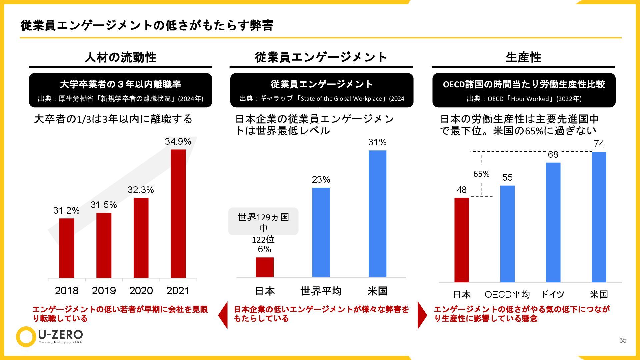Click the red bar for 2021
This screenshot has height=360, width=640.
[178, 213]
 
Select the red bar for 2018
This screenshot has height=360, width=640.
[67, 248]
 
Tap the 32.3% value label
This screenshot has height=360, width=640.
[141, 190]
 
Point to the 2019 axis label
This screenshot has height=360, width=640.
[104, 291]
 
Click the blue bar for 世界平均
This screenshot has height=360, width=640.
[321, 232]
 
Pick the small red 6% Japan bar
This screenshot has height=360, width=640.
[265, 267]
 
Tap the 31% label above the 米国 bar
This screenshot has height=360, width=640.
[377, 142]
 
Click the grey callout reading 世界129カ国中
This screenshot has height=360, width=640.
[263, 222]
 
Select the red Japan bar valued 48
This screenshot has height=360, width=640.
[461, 240]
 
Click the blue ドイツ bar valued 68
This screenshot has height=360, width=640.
[553, 222]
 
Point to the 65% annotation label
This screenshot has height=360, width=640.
[481, 174]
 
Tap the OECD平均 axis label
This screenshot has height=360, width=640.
[507, 294]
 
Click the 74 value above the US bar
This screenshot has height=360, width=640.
[599, 144]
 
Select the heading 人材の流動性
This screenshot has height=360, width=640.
[120, 57]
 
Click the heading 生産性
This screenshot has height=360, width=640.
[523, 57]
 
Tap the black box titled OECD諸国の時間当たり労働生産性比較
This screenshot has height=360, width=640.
[524, 90]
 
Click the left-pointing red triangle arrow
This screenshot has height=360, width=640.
[223, 315]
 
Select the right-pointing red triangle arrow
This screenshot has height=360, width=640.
[422, 315]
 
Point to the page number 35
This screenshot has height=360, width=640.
[623, 340]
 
